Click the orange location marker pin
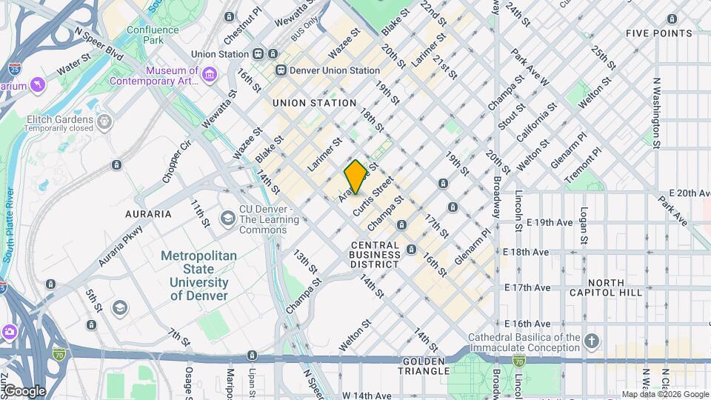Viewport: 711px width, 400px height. tap(355, 176)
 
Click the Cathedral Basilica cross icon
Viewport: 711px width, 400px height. tap(591, 341)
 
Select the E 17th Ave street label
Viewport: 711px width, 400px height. tap(527, 287)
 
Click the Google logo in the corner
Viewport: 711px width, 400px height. tap(24, 391)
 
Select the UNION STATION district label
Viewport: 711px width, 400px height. tap(314, 103)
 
